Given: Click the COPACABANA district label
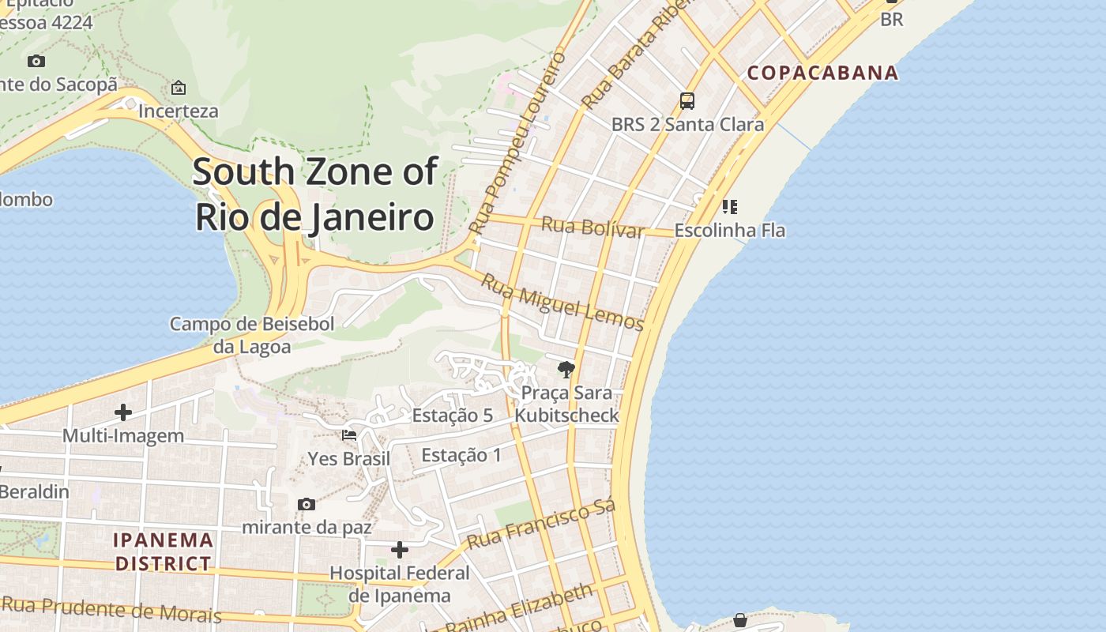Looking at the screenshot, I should (822, 73).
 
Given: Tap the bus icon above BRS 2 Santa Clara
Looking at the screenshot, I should (687, 101).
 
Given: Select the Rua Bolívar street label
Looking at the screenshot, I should (592, 228).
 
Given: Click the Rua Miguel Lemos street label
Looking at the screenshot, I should (562, 303).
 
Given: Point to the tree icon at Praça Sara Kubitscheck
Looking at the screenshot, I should (566, 369).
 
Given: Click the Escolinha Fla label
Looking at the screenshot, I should (729, 231).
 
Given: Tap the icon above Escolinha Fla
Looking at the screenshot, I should (730, 207).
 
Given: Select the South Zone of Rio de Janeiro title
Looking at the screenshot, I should (314, 194).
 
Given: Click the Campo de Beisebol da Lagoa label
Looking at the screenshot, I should (252, 335).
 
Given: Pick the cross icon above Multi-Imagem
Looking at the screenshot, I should (123, 412).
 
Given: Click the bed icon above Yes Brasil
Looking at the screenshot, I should (349, 435).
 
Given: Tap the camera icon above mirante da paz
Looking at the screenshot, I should (307, 504).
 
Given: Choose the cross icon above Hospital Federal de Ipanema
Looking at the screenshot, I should (400, 550).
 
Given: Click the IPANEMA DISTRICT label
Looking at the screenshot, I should (164, 551).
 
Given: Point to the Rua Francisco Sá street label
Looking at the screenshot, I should (540, 525).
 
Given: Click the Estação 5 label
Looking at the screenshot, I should (452, 416).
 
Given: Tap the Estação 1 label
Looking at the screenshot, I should (461, 455).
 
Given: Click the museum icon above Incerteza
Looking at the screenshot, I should (179, 88).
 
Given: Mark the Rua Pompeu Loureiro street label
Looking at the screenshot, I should (518, 142).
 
